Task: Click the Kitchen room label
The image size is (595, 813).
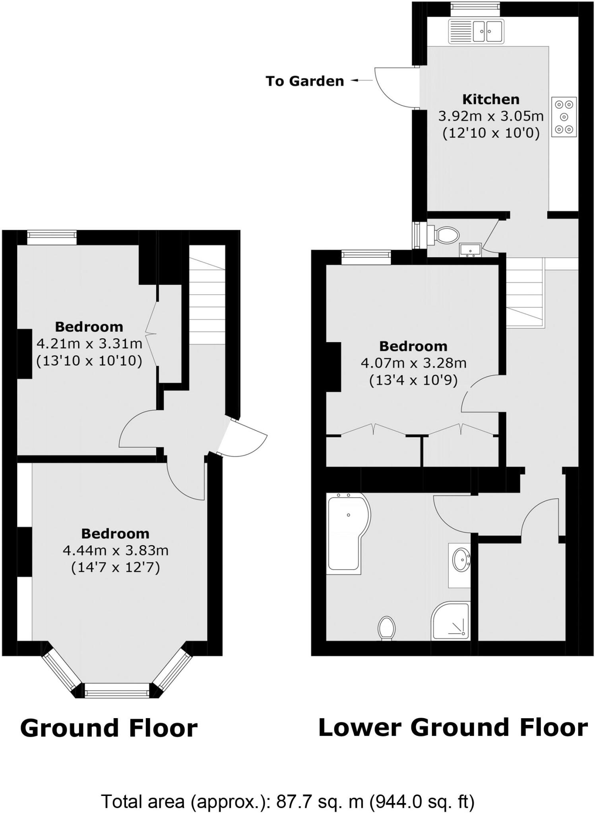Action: pos(491,99)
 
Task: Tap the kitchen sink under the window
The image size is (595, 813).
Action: pos(476,31)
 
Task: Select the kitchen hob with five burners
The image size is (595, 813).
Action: pos(564,117)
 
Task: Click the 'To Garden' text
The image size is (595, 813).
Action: pos(304,81)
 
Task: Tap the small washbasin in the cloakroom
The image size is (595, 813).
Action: pos(470,250)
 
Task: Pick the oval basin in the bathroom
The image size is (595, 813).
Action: pos(461,560)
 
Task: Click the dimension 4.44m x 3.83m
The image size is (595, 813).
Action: pos(116,551)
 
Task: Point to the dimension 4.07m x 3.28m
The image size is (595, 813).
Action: pos(413,363)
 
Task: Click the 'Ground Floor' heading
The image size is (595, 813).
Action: pos(109,728)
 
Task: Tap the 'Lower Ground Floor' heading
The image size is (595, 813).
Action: pos(453,728)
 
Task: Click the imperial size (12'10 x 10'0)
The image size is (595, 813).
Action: pos(491,133)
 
